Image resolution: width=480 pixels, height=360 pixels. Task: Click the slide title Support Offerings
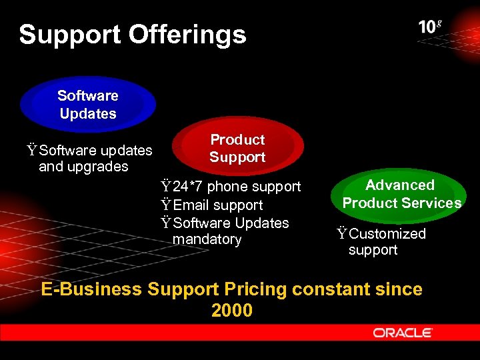(133, 35)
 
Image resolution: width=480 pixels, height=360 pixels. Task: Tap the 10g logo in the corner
(430, 27)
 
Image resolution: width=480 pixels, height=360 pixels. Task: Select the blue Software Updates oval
(87, 105)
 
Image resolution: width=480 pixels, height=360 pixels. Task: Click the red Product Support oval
(237, 148)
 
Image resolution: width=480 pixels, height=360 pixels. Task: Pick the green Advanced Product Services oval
(401, 194)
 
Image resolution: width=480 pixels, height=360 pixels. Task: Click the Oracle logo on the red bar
(403, 333)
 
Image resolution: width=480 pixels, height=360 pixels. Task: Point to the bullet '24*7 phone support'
(231, 187)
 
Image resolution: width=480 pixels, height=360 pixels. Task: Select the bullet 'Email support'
(212, 205)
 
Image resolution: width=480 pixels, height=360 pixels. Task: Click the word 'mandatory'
(207, 239)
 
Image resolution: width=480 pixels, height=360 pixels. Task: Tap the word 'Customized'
(387, 233)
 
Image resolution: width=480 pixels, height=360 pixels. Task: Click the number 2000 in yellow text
(231, 311)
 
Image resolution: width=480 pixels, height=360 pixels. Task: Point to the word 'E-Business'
(91, 289)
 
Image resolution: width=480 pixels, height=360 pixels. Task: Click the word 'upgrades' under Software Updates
(83, 167)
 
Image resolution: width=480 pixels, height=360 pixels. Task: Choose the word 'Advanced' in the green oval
(400, 185)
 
